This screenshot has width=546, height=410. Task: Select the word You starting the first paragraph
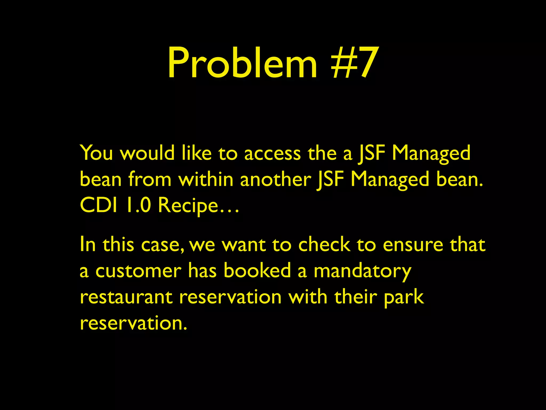pos(96,153)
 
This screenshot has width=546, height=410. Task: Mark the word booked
pos(257,270)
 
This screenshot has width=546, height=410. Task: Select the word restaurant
pos(126,297)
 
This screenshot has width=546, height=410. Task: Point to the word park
pos(404,297)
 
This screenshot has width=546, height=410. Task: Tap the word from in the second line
pos(150,179)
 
